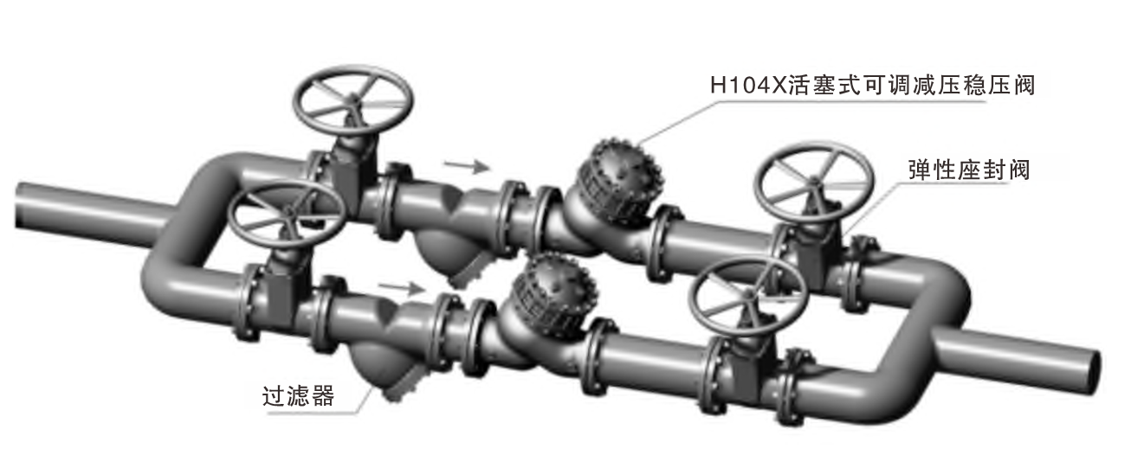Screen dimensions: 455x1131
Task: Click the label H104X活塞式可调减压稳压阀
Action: [871, 87]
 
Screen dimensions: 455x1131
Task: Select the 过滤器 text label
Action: [298, 397]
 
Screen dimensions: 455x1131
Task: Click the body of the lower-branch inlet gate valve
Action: [280, 290]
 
